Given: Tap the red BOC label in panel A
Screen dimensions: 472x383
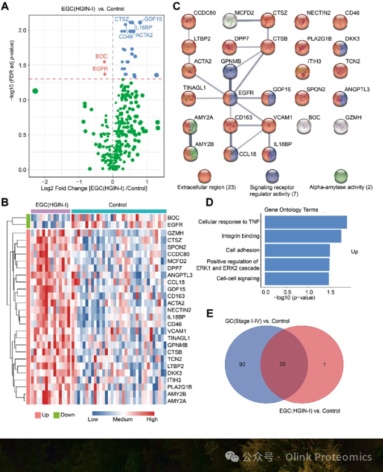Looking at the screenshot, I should pos(102,56).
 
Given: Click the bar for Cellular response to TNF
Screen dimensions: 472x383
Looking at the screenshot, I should pos(306,222).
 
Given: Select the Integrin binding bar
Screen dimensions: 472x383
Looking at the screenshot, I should pos(303,236).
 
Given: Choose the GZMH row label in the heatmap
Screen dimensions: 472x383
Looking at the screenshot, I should pos(175,233).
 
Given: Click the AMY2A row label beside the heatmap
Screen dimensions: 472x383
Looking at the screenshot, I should pos(176,401).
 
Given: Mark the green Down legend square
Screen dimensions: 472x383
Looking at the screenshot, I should pos(57,415).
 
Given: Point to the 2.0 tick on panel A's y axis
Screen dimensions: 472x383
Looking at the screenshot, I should pos(21,30).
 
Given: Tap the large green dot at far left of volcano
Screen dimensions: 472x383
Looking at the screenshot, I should pos(35,91).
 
